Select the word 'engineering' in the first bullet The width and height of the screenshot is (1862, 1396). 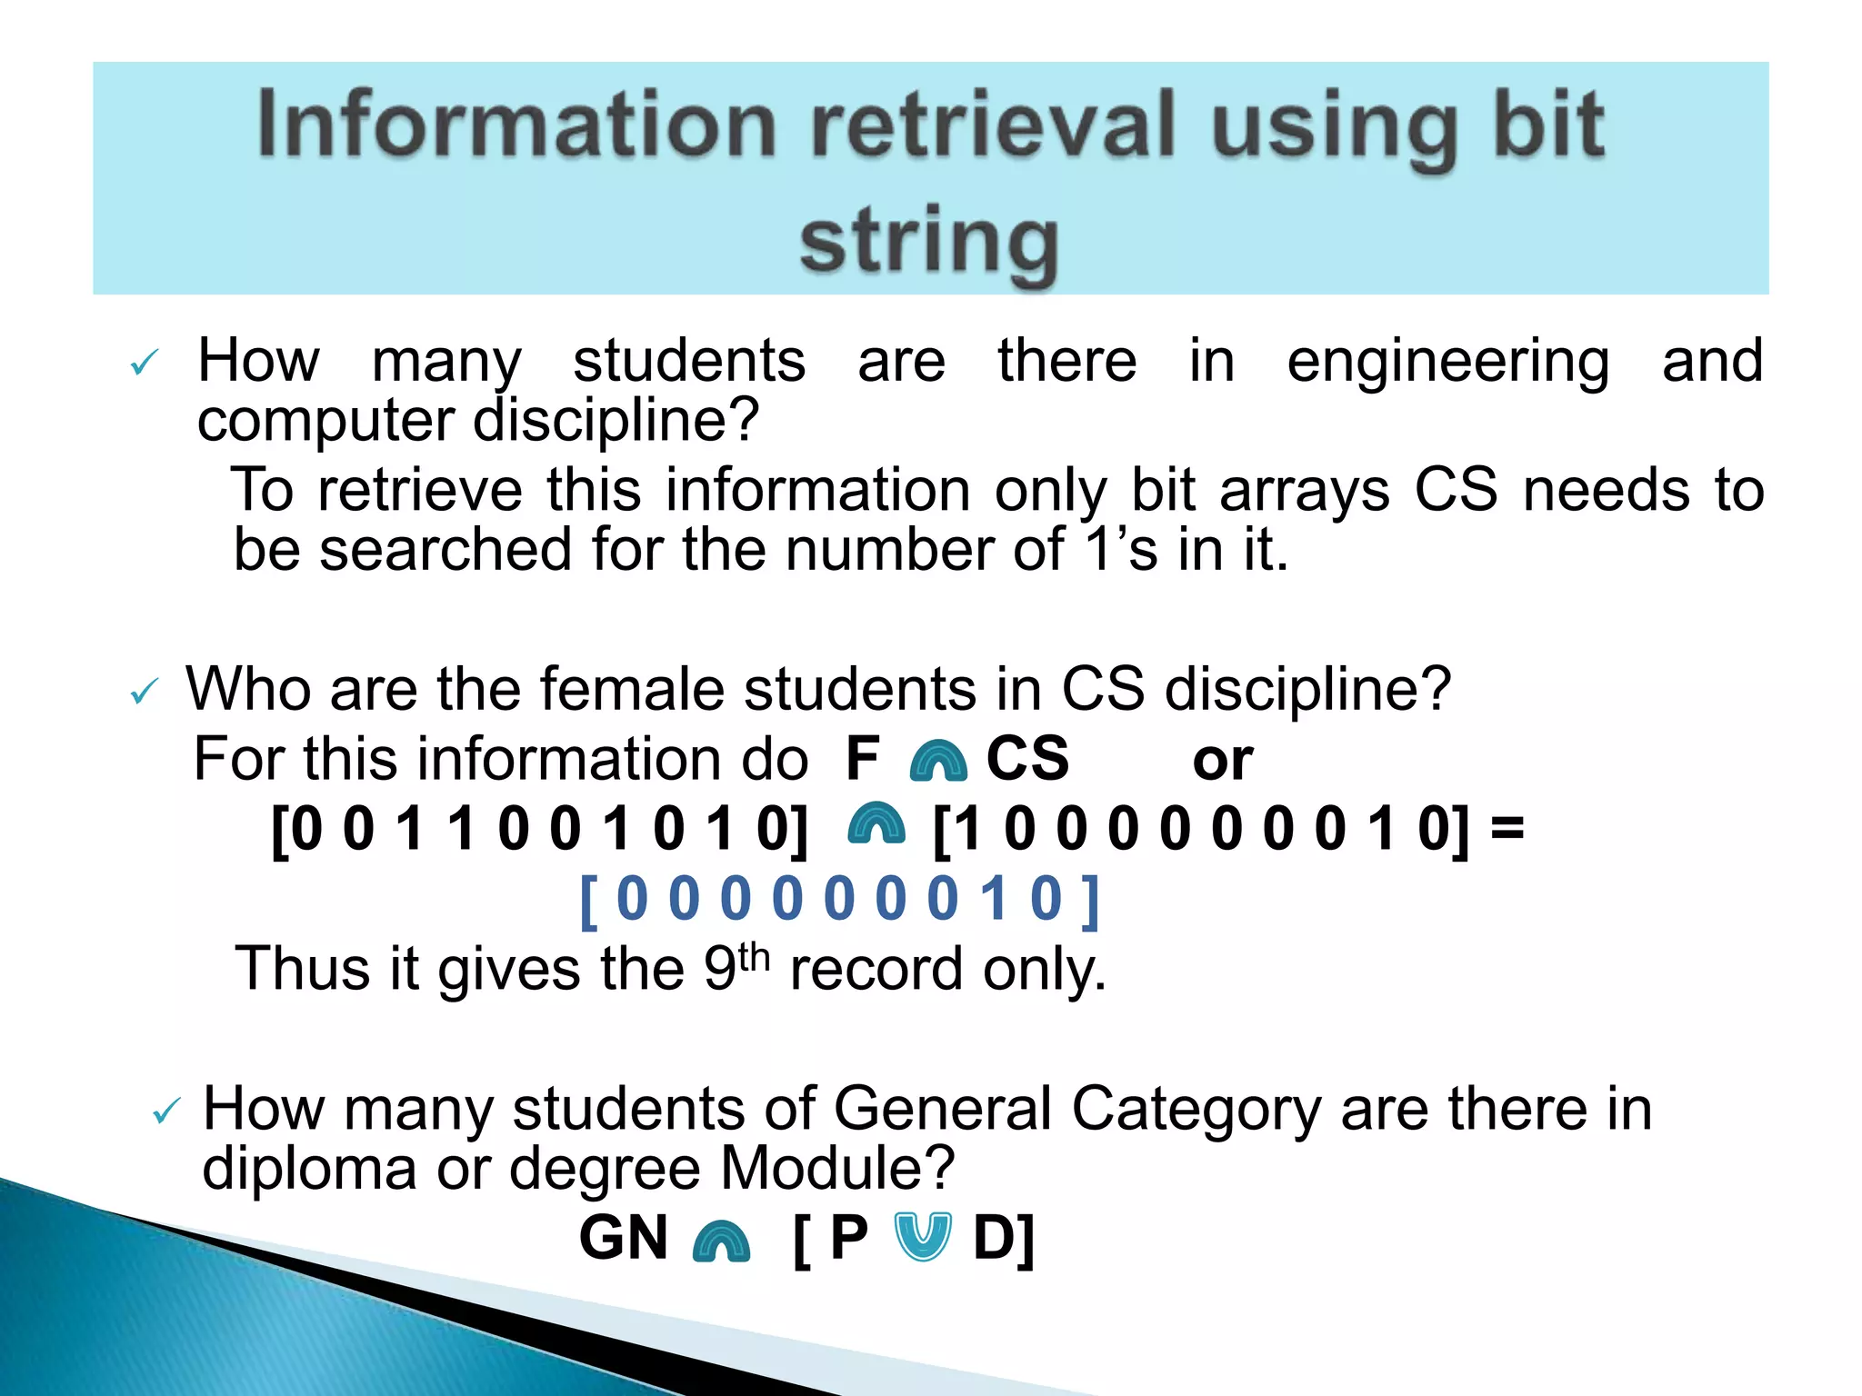[1447, 362]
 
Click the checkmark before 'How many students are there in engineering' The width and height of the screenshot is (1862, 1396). [145, 364]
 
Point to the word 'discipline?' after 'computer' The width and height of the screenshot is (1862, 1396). [616, 420]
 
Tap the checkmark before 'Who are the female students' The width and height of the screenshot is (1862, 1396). [145, 693]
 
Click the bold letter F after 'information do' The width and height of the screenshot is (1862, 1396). [862, 758]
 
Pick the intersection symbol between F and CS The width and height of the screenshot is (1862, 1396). [937, 762]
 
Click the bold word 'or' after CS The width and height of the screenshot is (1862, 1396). [1222, 760]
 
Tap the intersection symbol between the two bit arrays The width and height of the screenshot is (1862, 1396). [876, 825]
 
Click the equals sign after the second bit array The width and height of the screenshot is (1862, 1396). [1507, 829]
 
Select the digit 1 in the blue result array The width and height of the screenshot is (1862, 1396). [994, 899]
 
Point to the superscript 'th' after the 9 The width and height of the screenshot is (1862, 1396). [754, 957]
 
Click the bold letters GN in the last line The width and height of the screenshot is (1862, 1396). [624, 1238]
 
